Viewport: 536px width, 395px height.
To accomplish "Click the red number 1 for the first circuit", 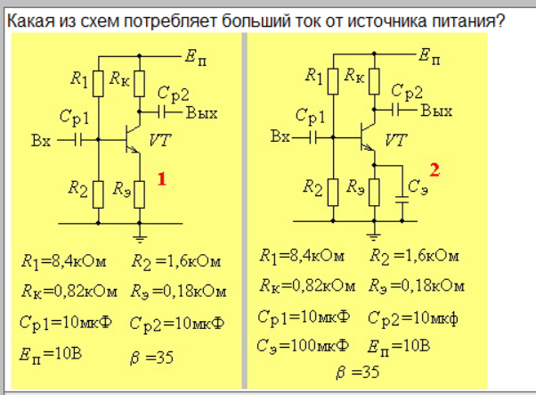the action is [162, 179].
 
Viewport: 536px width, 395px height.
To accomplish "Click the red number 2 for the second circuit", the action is [434, 169].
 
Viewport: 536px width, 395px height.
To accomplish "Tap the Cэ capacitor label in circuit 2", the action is [417, 186].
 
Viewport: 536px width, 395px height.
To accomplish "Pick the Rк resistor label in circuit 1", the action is [120, 78].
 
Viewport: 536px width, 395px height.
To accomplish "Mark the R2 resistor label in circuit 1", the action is [78, 188].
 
